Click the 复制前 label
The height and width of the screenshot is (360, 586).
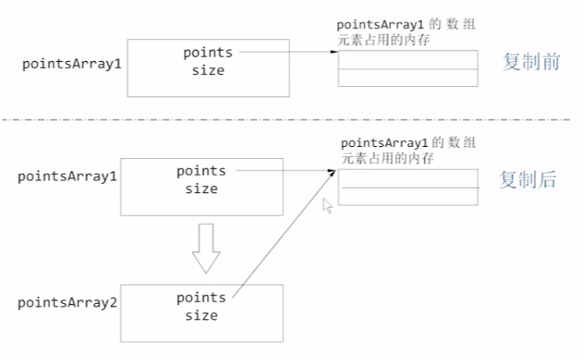[528, 62]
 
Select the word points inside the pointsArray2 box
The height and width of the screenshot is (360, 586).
[201, 297]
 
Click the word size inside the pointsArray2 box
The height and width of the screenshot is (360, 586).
[201, 315]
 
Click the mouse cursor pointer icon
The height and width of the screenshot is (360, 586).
[328, 205]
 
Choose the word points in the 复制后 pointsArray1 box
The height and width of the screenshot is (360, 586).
[201, 170]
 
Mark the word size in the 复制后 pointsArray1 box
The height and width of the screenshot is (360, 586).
[201, 189]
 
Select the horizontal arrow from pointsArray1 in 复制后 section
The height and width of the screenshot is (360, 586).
[284, 170]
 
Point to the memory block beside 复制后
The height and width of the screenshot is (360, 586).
[408, 187]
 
